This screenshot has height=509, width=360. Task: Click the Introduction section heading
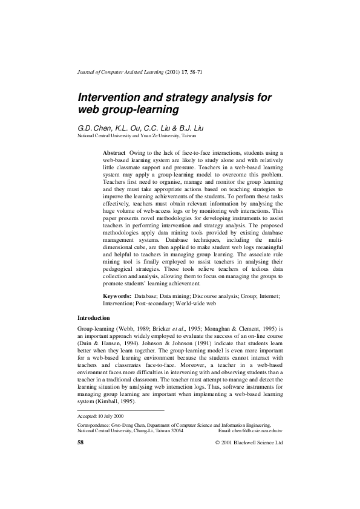point(94,317)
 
